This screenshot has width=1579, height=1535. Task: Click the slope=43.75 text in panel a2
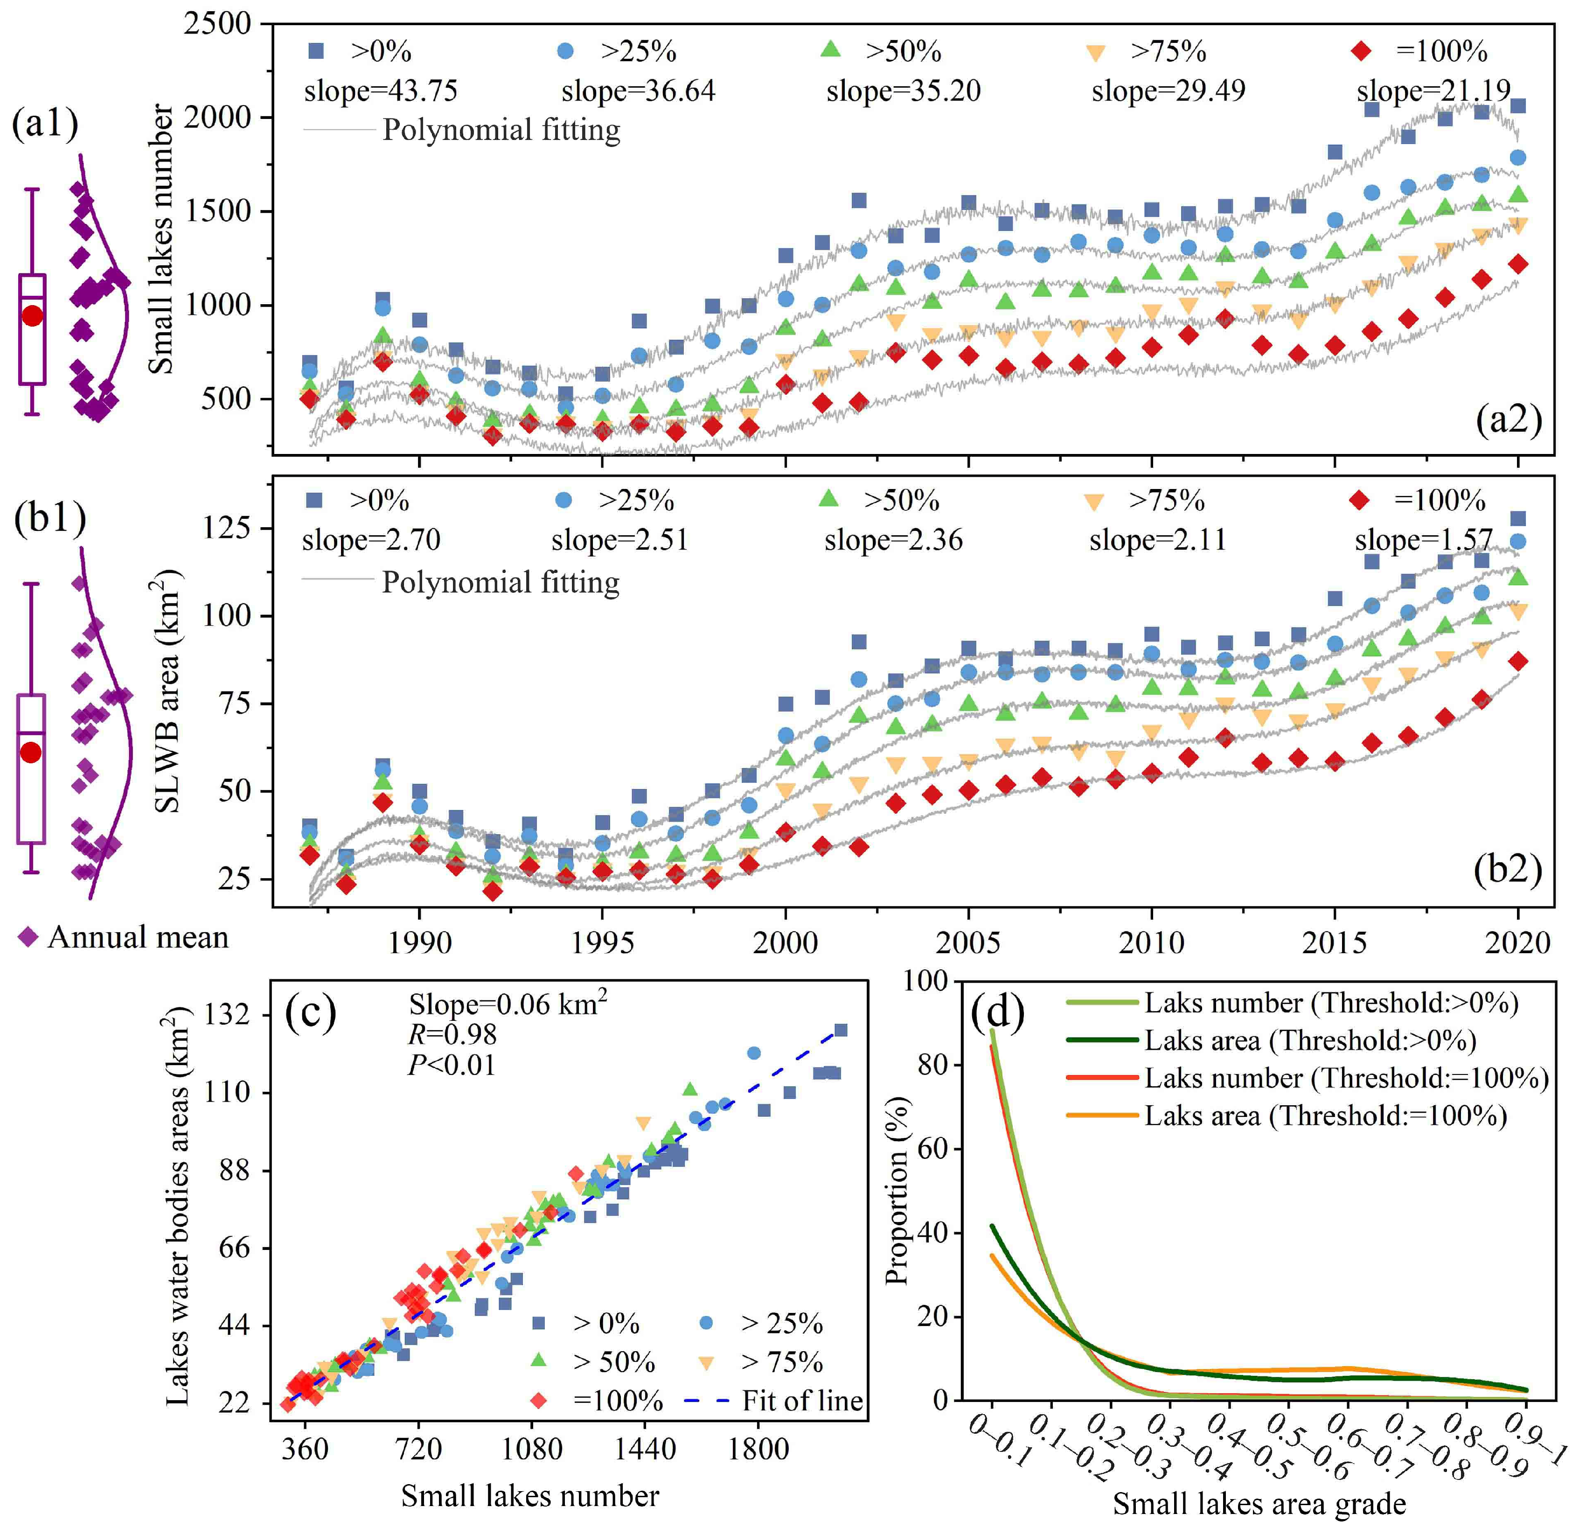click(x=381, y=91)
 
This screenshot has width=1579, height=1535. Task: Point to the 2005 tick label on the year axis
click(x=968, y=942)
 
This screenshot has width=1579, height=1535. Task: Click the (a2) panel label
click(x=1508, y=420)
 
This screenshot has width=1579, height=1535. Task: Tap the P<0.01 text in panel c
click(x=452, y=1065)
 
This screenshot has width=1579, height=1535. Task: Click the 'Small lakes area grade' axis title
click(x=1259, y=1504)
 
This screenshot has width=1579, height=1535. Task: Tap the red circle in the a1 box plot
click(x=32, y=316)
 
